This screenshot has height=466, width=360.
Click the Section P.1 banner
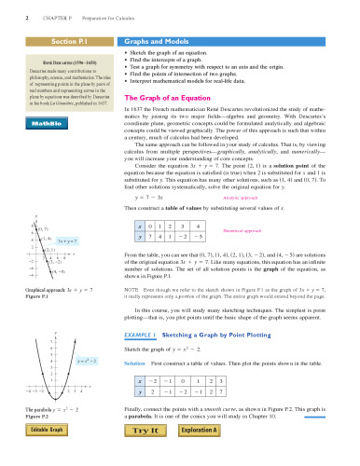point(61,42)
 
